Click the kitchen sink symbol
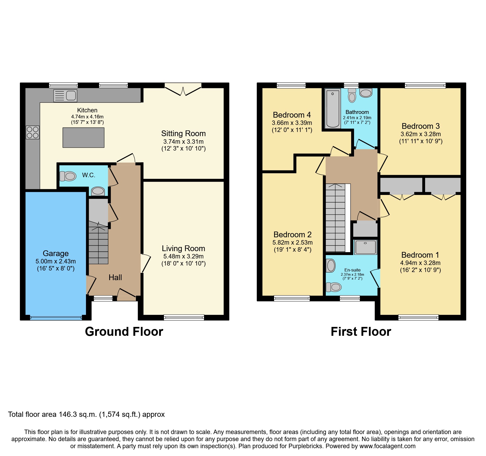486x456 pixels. click(x=65, y=96)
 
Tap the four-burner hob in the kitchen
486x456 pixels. click(x=33, y=132)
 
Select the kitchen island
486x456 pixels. click(x=83, y=137)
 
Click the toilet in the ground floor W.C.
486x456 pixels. click(x=68, y=176)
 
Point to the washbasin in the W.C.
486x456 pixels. click(x=98, y=191)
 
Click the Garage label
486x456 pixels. click(x=56, y=253)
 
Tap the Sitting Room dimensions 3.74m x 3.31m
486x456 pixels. click(x=183, y=142)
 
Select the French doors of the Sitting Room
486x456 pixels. click(x=183, y=90)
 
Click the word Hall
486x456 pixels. click(x=115, y=278)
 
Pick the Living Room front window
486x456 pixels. click(x=184, y=318)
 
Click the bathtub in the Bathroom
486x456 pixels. click(x=333, y=108)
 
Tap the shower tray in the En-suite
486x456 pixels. click(x=366, y=247)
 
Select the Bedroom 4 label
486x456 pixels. click(x=292, y=115)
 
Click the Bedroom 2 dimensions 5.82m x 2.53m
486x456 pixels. click(x=292, y=243)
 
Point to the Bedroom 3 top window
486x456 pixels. click(x=425, y=85)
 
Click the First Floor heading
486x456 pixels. click(x=361, y=332)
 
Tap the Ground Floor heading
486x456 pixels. click(x=124, y=332)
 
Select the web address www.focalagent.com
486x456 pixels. click(x=387, y=446)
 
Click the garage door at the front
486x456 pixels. click(x=56, y=318)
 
